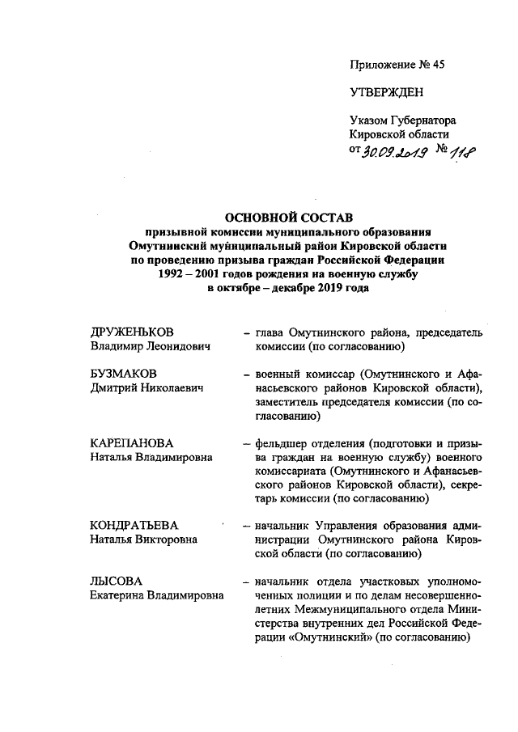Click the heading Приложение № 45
[x=397, y=64]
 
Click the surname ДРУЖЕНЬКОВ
[x=133, y=333]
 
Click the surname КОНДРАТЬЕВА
[x=134, y=526]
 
